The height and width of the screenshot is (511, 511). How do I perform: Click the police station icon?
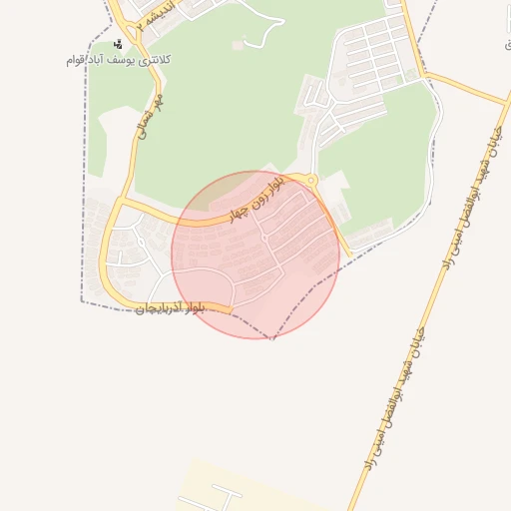point(119,44)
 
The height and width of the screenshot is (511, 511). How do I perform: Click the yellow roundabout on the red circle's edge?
point(312,181)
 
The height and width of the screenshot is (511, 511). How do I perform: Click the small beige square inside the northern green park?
point(237,45)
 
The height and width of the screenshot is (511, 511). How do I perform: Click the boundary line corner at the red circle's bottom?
point(270,336)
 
